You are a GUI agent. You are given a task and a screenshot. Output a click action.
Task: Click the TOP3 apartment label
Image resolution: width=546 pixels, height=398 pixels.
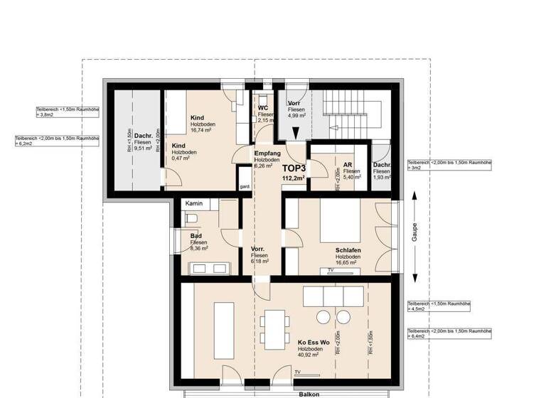coord(294,167)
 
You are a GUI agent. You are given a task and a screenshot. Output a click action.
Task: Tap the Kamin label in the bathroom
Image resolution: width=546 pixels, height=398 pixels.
coord(194,204)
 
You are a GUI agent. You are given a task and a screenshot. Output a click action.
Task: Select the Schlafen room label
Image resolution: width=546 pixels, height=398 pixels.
coord(349,250)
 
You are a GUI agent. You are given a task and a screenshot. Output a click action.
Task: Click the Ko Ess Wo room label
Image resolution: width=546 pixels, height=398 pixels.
coord(313,343)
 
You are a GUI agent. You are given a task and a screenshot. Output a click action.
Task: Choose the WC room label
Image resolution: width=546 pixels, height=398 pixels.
coord(262,108)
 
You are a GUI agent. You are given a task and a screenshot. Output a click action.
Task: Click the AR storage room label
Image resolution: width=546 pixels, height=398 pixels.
coord(348,163)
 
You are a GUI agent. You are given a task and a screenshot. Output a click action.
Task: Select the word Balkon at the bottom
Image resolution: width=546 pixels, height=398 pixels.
coord(309,393)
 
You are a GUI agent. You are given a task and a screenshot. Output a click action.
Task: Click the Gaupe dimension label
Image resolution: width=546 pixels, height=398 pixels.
coord(415,234)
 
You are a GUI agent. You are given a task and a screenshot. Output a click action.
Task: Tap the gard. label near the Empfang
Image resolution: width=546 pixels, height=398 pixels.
coord(245,187)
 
